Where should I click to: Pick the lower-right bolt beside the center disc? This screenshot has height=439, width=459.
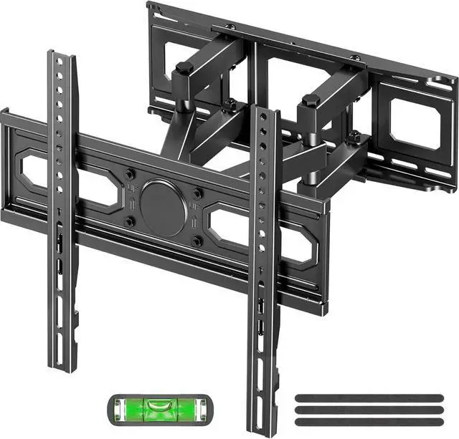[x=196, y=241]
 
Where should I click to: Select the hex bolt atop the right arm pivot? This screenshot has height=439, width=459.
[x=311, y=101]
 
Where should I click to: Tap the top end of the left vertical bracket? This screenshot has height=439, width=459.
[x=62, y=57]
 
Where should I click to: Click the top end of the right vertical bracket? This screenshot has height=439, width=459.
[x=264, y=111]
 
